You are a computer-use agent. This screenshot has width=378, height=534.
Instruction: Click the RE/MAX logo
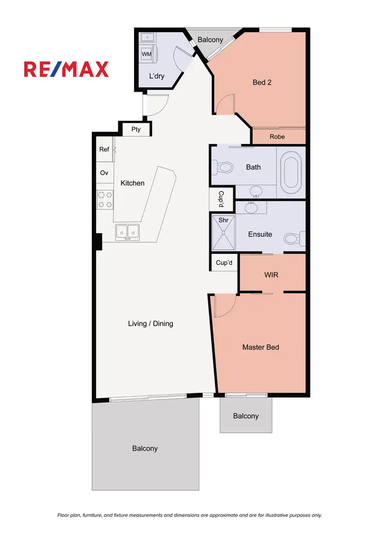[x=66, y=69]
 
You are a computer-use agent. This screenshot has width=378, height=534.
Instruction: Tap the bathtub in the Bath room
[x=291, y=173]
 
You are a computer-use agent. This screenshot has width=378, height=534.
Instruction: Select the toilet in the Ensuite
[x=294, y=238]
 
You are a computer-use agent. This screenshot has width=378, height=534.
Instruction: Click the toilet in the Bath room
[x=223, y=167]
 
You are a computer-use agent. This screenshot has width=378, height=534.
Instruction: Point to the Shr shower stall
[x=222, y=233]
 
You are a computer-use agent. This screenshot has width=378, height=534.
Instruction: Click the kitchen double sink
[x=127, y=232]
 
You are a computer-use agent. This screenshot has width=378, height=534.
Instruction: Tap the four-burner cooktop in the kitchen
[x=105, y=198]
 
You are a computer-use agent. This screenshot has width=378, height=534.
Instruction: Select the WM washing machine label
[x=147, y=53]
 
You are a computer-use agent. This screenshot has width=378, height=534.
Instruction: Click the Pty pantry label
[x=136, y=129]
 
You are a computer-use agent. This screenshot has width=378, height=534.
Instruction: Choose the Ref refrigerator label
[x=104, y=150]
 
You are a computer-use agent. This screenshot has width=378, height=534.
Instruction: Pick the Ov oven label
[x=104, y=173]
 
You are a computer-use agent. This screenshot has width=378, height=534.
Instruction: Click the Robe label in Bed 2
[x=277, y=137]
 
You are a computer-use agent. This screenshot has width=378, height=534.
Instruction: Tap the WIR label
[x=271, y=275]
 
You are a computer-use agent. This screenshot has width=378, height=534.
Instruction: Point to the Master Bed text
[x=261, y=347]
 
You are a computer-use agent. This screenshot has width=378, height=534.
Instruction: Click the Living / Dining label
[x=150, y=323]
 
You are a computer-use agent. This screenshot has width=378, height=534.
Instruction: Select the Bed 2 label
[x=262, y=82]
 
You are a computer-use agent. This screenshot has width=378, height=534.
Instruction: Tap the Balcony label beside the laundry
[x=210, y=39]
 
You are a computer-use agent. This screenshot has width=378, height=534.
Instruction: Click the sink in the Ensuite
[x=250, y=206]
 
